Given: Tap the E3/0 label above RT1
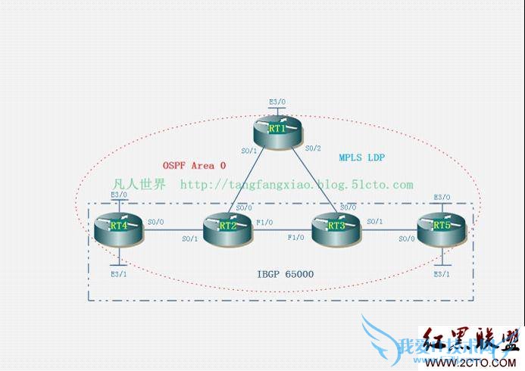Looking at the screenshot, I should (x=277, y=101).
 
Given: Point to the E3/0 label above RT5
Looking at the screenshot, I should (x=442, y=197).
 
